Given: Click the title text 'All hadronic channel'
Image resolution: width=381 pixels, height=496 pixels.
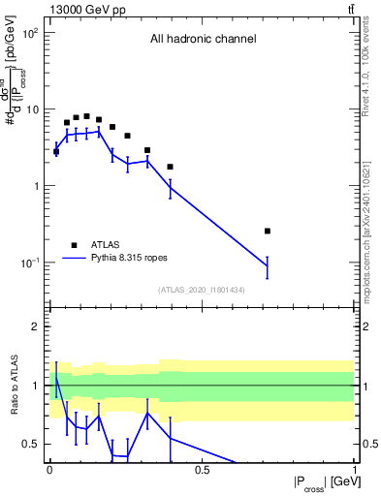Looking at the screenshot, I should tap(203, 40).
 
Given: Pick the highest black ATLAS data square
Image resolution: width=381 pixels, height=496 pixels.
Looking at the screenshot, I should tap(86, 116).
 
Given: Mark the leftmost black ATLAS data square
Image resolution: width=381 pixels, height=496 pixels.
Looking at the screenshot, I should tap(56, 151).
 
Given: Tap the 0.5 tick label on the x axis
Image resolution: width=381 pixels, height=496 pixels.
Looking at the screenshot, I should tap(202, 470).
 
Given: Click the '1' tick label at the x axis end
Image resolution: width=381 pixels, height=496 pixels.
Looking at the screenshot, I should tap(354, 470).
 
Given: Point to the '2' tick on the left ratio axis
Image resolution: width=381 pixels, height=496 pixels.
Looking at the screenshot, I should tap(36, 326).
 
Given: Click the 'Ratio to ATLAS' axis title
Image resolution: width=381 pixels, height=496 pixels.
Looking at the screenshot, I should tap(13, 385).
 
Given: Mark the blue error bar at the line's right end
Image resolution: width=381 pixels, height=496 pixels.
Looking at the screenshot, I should tap(268, 265).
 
